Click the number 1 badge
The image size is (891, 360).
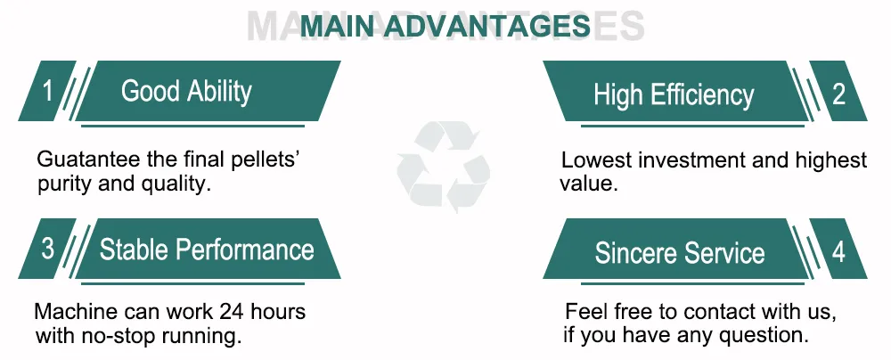[47, 91]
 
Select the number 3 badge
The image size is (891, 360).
[47, 249]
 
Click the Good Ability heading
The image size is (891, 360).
[186, 91]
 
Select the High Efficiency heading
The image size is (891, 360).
[674, 94]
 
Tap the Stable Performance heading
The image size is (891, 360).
[207, 249]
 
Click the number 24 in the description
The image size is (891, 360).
[229, 313]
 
